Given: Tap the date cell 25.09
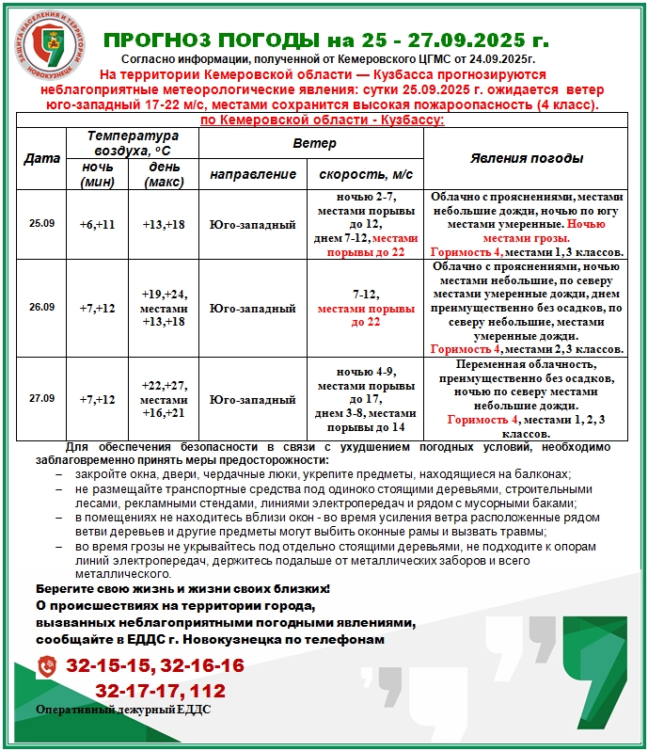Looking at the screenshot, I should [x=41, y=224].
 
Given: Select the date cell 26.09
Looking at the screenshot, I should [x=41, y=307].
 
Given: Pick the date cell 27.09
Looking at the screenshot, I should [x=41, y=398].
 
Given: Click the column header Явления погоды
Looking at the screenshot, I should [x=526, y=158].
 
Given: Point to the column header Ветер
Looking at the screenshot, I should [x=310, y=143].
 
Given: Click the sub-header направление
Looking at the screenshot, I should [x=253, y=174].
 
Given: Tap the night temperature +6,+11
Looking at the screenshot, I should [x=97, y=225].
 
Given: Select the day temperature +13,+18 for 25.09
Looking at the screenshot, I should [x=164, y=225].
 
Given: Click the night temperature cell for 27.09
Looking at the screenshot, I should [x=97, y=399].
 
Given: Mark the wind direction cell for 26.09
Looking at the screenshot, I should [x=253, y=308].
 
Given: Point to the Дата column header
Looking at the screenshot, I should [x=41, y=158].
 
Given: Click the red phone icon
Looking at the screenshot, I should [x=47, y=667].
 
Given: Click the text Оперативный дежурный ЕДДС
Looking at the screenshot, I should [x=123, y=710].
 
